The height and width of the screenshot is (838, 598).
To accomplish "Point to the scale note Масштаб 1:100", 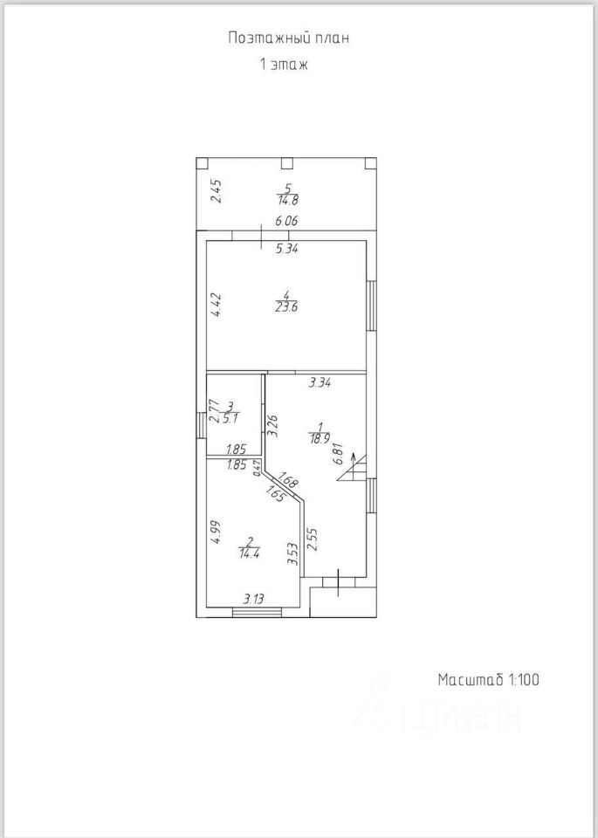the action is click(x=489, y=679).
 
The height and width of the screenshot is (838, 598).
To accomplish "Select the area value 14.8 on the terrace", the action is click(x=288, y=199).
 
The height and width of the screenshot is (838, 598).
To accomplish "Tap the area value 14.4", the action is click(x=249, y=552).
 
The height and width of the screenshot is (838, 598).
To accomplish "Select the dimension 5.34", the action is click(x=287, y=249).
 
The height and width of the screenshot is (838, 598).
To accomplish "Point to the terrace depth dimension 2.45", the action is click(x=216, y=189).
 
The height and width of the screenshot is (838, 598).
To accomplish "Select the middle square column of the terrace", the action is click(x=286, y=162).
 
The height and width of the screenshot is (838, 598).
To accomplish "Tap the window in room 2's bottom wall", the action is click(x=252, y=614).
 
